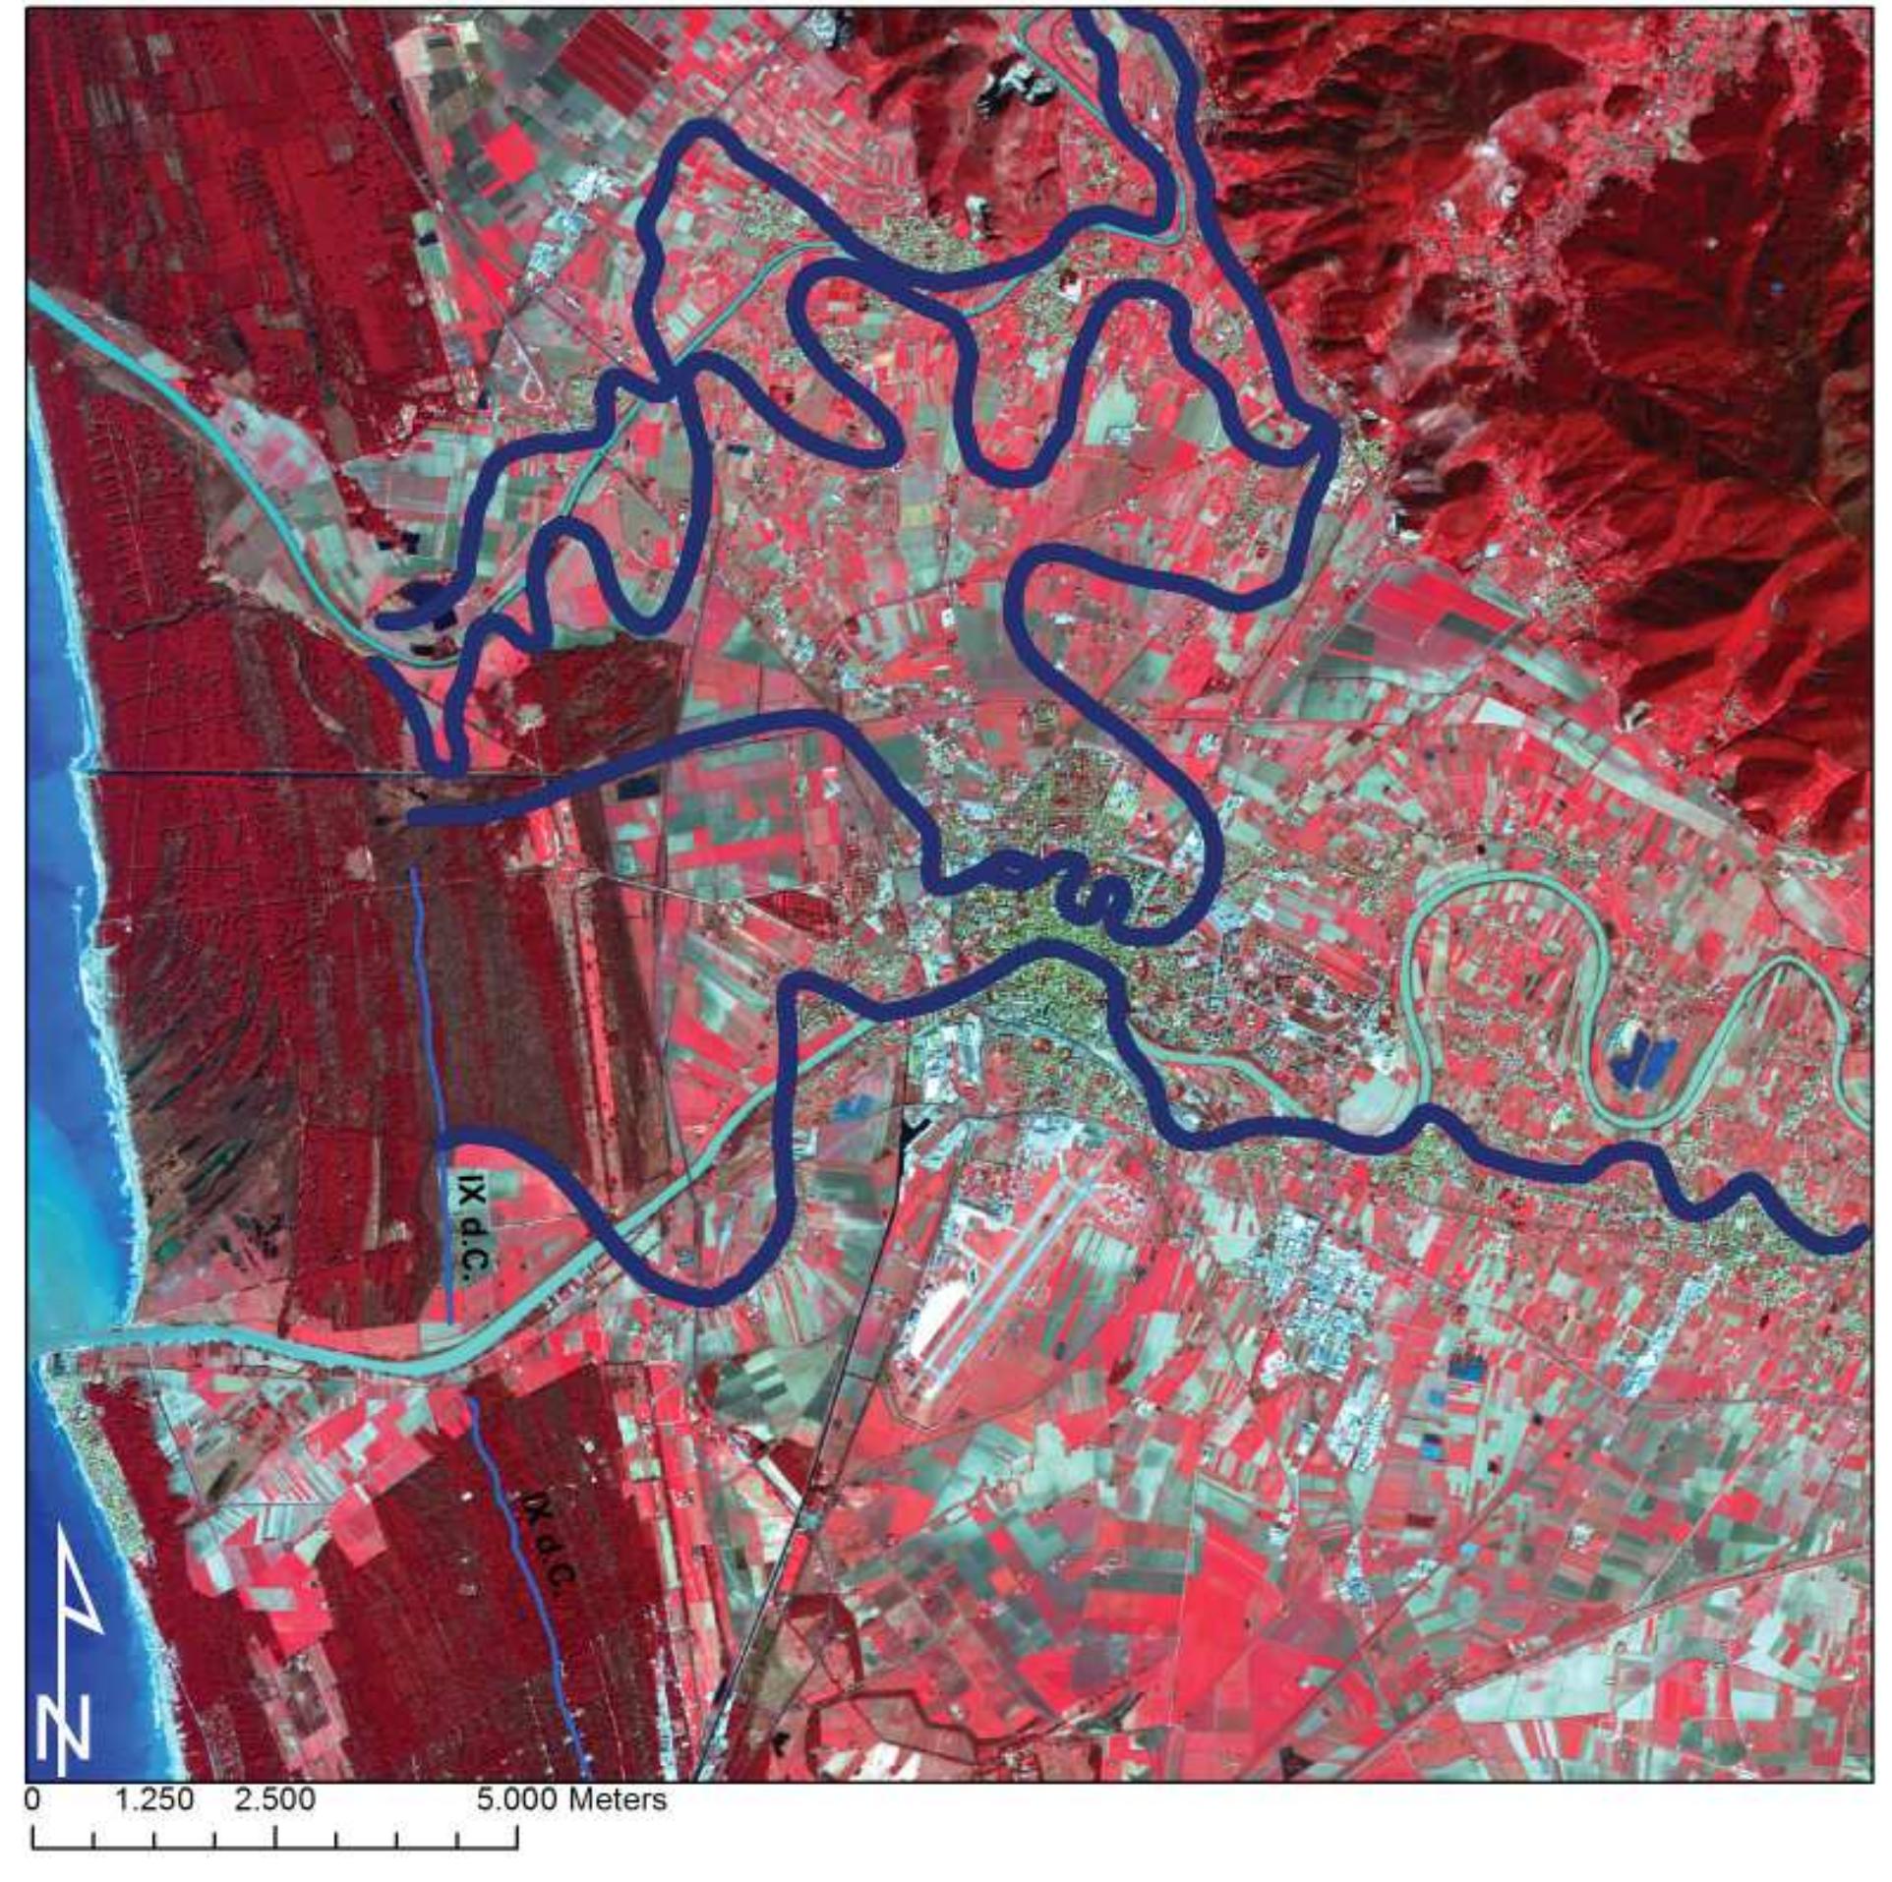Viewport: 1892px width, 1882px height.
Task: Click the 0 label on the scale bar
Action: point(35,1800)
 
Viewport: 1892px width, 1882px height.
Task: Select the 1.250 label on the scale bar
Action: point(155,1800)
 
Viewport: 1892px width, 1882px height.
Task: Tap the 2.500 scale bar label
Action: point(276,1800)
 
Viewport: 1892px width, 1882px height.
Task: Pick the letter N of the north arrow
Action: point(64,1735)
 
